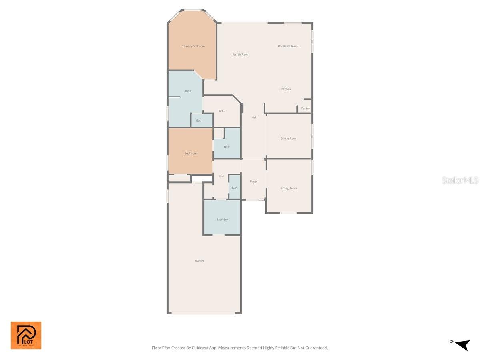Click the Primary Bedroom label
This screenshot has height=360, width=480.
coord(193,46)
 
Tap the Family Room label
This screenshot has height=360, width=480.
coord(241,54)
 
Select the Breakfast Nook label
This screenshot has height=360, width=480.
coord(288,46)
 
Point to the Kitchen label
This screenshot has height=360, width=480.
coord(286,89)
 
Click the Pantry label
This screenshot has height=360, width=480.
coord(305,108)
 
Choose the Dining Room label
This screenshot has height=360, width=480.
coord(289,138)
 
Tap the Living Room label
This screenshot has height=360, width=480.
coord(289,188)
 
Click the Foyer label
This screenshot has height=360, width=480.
coord(254,182)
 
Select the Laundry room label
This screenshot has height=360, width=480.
coord(222,220)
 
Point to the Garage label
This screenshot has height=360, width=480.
coord(200,261)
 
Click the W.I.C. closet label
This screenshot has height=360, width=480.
coord(222,111)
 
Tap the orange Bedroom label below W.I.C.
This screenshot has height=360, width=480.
coord(190,154)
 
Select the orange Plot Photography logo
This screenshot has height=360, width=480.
coord(26,335)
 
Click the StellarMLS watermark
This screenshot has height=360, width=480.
coord(460,180)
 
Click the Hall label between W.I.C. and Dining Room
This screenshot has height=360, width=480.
coord(254,118)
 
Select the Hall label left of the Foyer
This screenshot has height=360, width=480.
coord(222,176)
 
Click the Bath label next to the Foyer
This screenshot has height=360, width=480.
coord(234,188)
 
